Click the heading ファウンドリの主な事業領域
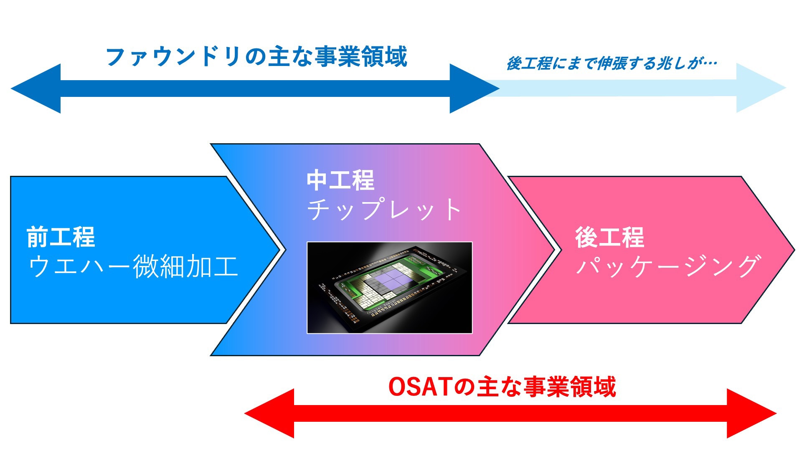pos(256,57)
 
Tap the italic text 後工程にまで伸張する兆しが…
pos(612,63)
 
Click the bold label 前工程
pos(61,237)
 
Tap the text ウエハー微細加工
pos(133,266)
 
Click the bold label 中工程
pos(340,180)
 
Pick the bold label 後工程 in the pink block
pos(609,237)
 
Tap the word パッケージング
pos(667,266)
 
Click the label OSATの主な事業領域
pos(502,387)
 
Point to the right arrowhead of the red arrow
pos(750,413)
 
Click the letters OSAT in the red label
pos(421,387)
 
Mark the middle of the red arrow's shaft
pos(510,413)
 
